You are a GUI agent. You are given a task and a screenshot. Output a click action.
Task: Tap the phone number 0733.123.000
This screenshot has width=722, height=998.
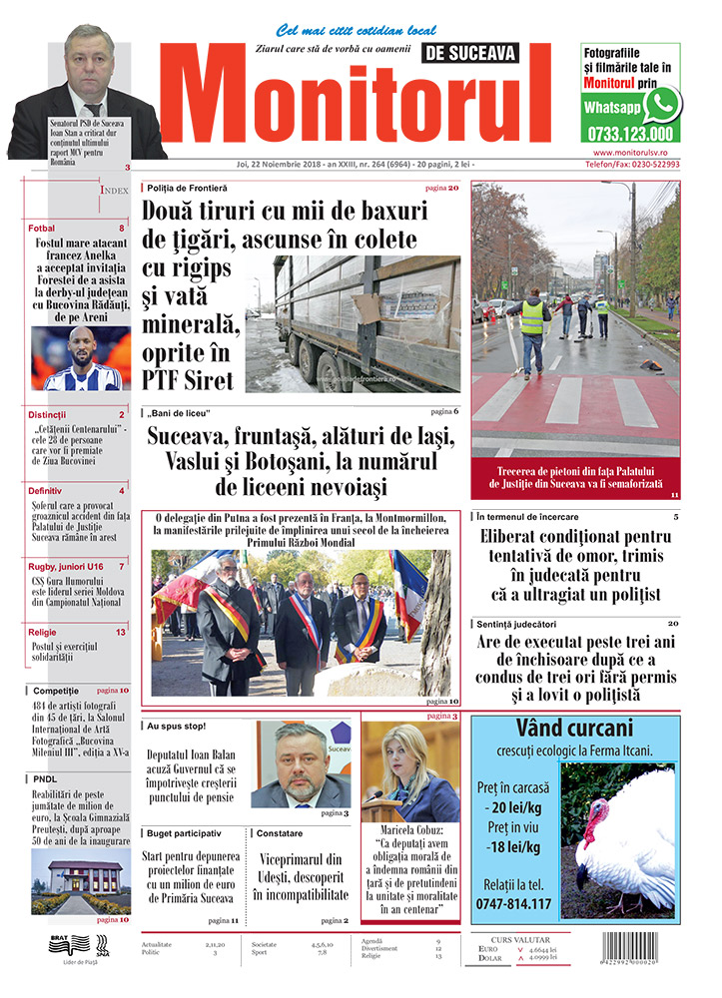[x=630, y=134]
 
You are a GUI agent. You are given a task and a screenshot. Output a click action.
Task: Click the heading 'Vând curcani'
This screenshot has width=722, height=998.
[x=574, y=728]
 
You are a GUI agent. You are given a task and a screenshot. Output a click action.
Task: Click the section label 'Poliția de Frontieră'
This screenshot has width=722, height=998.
[x=188, y=188]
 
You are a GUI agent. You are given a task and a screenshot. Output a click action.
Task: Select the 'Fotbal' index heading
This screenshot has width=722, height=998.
[x=42, y=229]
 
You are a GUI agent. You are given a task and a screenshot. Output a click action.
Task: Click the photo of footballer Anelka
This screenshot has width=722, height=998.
[x=80, y=358]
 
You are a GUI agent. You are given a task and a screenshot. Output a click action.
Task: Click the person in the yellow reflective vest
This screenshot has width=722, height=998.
[x=532, y=329]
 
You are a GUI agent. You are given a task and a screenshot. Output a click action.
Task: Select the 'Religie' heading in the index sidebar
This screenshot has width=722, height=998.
[x=43, y=632]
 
